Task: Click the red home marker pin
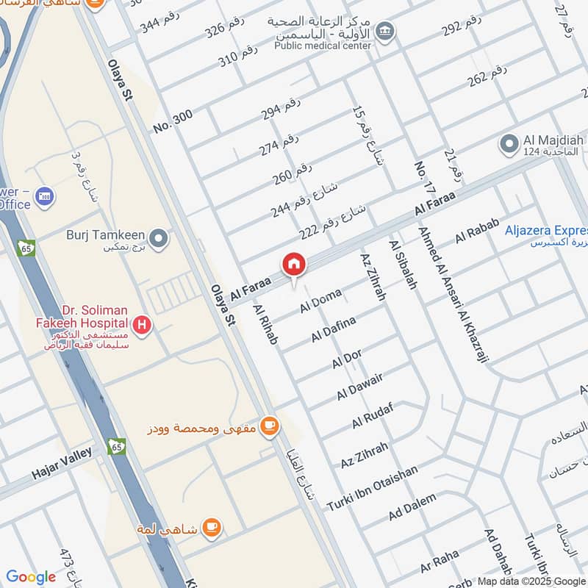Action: pos(293,264)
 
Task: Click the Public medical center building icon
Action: pos(384,32)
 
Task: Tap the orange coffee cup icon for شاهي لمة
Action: pos(211,527)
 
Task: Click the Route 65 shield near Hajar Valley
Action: pos(115,446)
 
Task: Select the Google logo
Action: pos(31,577)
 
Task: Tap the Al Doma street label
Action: pos(320,300)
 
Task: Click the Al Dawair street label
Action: pos(360,387)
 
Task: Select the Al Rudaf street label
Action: pos(373,415)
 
